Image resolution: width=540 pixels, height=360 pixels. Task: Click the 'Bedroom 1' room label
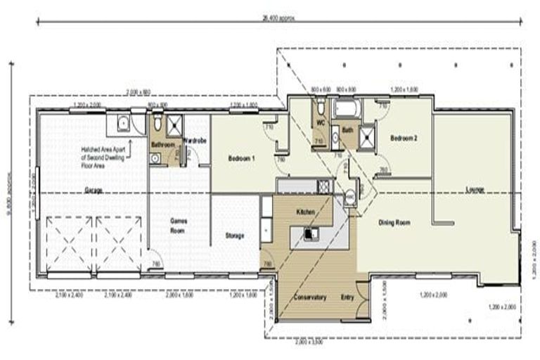click(241, 160)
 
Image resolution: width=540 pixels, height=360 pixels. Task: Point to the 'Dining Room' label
click(394, 223)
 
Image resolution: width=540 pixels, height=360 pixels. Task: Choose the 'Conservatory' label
click(306, 297)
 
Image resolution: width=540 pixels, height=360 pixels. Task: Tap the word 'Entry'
click(347, 297)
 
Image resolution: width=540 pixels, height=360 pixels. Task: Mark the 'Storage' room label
click(234, 236)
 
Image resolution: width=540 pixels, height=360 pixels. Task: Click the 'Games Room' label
click(179, 224)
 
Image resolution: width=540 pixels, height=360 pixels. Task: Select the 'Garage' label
click(94, 191)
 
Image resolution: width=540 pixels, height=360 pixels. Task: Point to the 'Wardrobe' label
click(194, 141)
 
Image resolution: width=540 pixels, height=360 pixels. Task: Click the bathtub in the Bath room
click(347, 110)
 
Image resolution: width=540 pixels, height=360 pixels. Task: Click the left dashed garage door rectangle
click(69, 243)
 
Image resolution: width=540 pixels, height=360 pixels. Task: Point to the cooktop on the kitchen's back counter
click(323, 186)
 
